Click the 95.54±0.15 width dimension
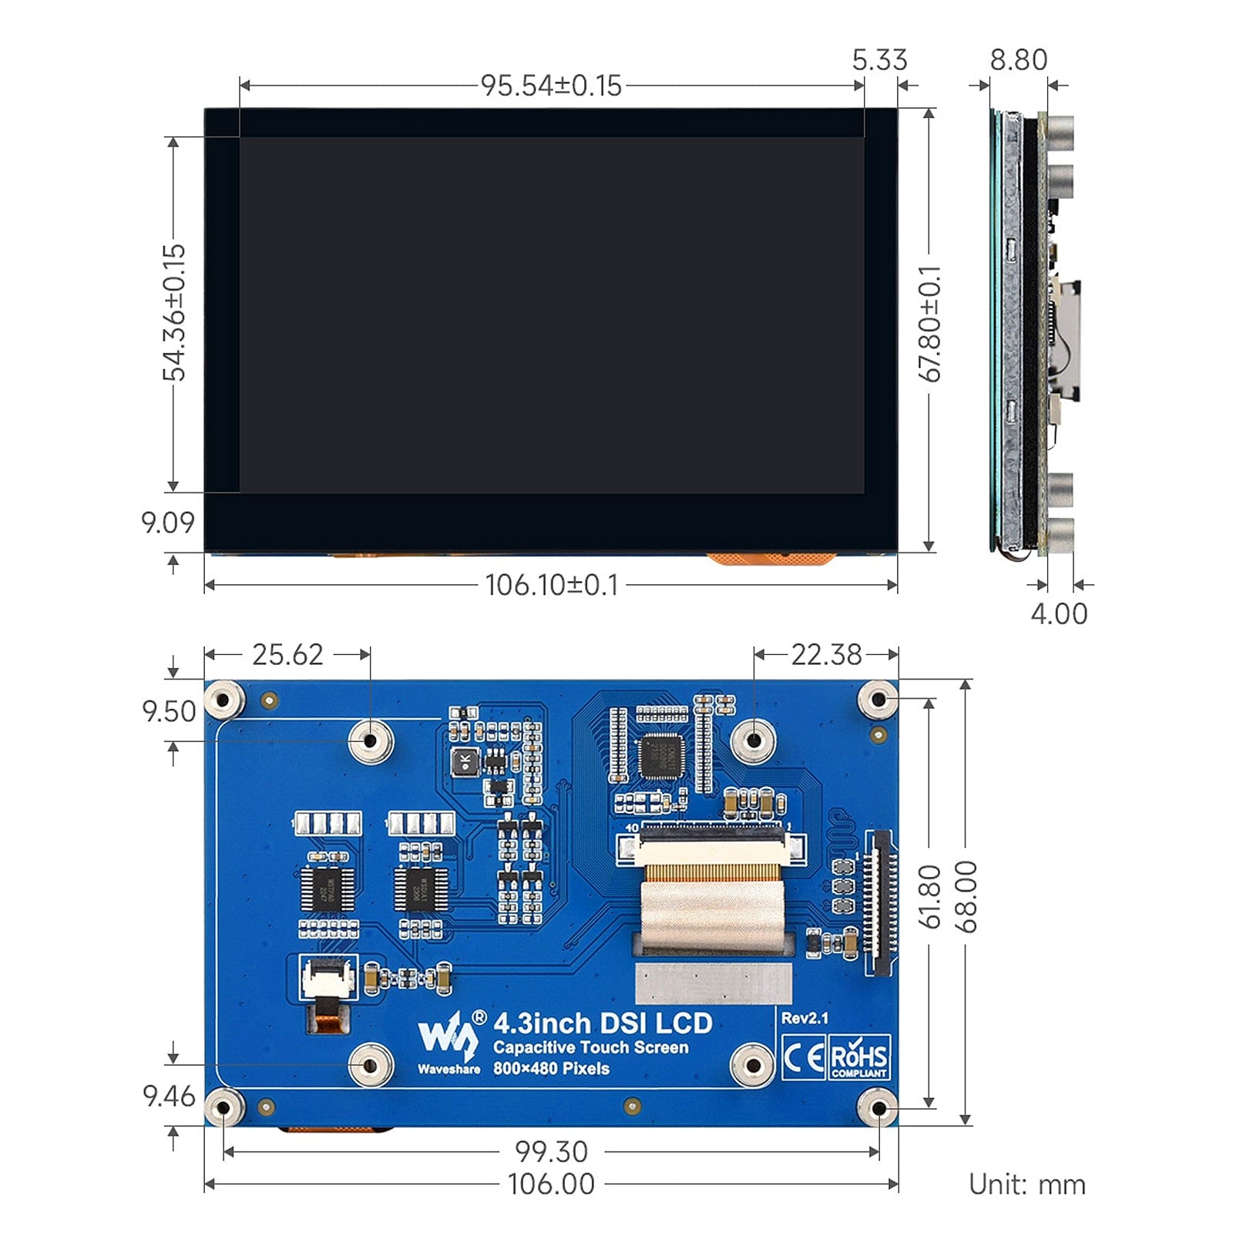point(551,86)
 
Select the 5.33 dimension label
point(879,60)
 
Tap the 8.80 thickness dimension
point(1018,60)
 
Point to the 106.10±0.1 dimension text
point(552,585)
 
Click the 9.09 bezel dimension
point(168,522)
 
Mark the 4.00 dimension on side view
point(1059,614)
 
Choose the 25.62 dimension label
point(287,655)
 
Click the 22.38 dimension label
point(826,655)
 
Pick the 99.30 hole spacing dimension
point(551,1152)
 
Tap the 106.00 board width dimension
point(551,1184)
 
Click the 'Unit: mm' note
point(1026,1184)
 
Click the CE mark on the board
point(803,1057)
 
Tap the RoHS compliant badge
point(859,1057)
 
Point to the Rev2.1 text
point(805,1018)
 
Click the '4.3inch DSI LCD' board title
point(603,1023)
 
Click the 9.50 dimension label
point(169,711)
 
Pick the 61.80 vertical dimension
point(930,896)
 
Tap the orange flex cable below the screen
point(771,558)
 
